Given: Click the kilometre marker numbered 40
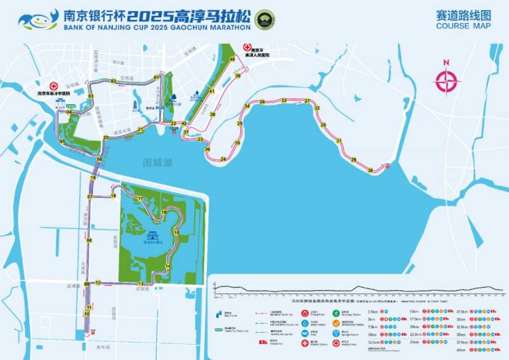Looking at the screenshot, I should (232, 59).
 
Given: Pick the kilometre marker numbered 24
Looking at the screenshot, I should (223, 159).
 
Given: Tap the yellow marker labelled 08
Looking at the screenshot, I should (89, 240).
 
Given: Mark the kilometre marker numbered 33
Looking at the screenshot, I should (284, 100).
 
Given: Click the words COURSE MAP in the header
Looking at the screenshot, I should (464, 26).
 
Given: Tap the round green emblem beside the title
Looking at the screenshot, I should (261, 19).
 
